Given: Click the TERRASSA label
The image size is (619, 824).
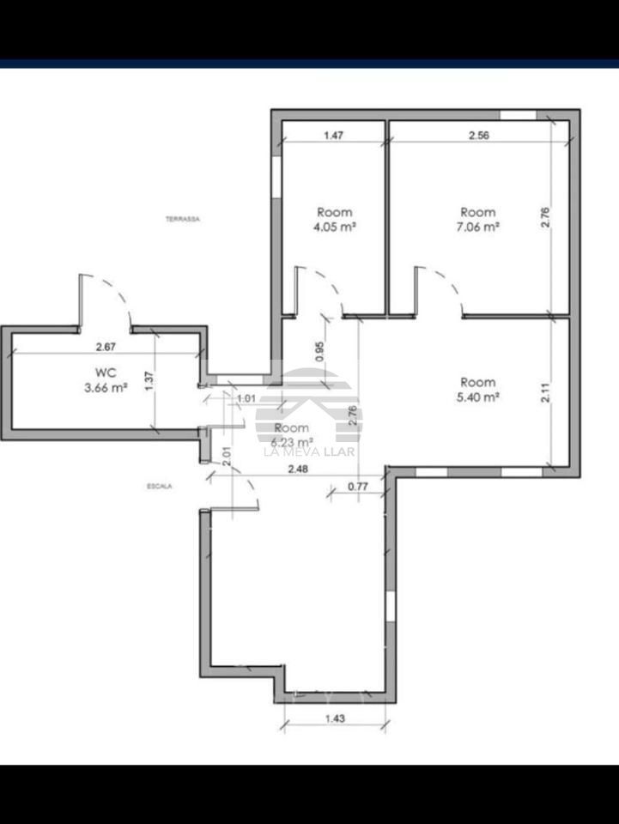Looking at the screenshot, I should (182, 220).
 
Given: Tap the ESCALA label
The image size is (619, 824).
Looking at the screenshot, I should (160, 487).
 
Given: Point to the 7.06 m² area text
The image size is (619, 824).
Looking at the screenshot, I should (478, 227).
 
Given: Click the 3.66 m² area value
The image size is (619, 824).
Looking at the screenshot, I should (106, 388).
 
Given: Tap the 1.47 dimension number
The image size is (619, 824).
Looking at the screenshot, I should (334, 135).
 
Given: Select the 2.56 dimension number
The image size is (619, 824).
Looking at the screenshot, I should (478, 135).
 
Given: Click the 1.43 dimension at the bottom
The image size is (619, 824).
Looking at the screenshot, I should (336, 719).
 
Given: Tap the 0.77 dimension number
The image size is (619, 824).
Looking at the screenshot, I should (358, 487).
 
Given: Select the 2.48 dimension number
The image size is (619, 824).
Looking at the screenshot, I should (299, 469).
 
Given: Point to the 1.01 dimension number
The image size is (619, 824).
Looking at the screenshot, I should (246, 397).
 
